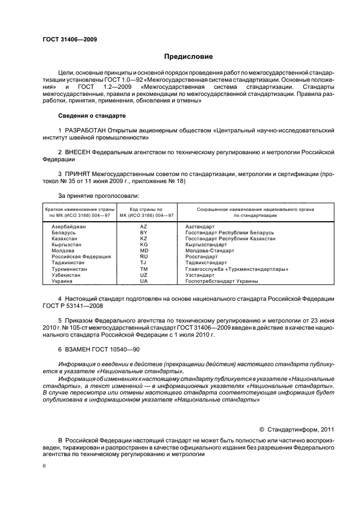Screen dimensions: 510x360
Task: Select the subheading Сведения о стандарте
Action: [x=91, y=116]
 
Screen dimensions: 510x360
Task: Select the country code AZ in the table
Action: [x=144, y=226]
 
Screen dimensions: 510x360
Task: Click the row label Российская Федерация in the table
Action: [x=81, y=257]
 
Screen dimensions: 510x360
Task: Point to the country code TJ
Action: [x=144, y=263]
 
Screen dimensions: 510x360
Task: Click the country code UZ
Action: [x=144, y=275]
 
